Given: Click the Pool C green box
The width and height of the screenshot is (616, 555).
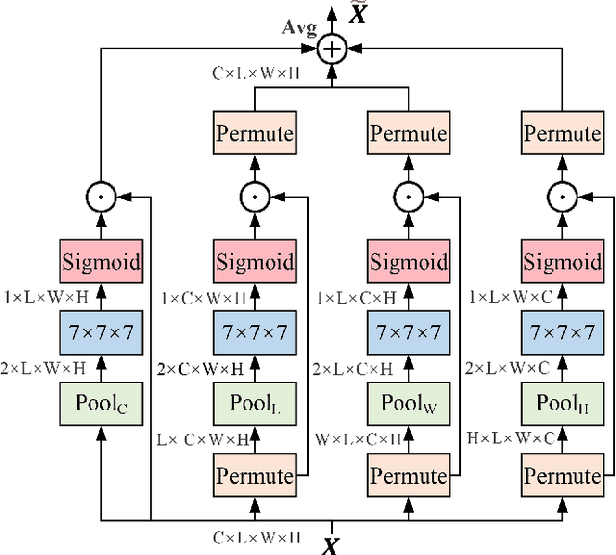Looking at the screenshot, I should pos(101,404).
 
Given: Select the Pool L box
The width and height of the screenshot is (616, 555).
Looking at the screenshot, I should pos(255,404).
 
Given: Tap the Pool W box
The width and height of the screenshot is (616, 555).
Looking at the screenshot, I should pos(409,404).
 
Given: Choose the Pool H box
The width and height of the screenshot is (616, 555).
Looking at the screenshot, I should pos(563,404).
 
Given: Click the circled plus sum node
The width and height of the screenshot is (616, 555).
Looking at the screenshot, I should pos(332,48).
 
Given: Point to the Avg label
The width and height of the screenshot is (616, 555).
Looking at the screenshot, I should pos(299,27).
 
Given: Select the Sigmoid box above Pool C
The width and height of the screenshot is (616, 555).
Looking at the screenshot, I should pos(101,261).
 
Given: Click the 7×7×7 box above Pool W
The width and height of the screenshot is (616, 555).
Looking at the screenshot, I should pos(409,332).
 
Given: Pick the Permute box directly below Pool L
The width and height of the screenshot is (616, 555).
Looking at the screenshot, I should pos(255,475).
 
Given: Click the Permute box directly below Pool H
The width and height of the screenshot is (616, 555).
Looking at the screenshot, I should pos(563,475).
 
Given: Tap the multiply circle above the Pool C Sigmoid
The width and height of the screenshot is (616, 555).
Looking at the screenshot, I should pos(101,198).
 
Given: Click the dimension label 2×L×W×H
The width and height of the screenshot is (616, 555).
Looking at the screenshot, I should pos(44,367).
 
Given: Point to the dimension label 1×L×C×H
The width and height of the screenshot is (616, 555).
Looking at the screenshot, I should pos(353,297).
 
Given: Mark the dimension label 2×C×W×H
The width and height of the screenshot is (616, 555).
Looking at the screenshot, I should pos(199,367).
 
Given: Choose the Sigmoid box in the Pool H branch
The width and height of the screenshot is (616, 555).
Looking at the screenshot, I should pos(563,261).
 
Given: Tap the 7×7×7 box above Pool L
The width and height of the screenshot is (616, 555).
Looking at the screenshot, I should pos(255,332).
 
